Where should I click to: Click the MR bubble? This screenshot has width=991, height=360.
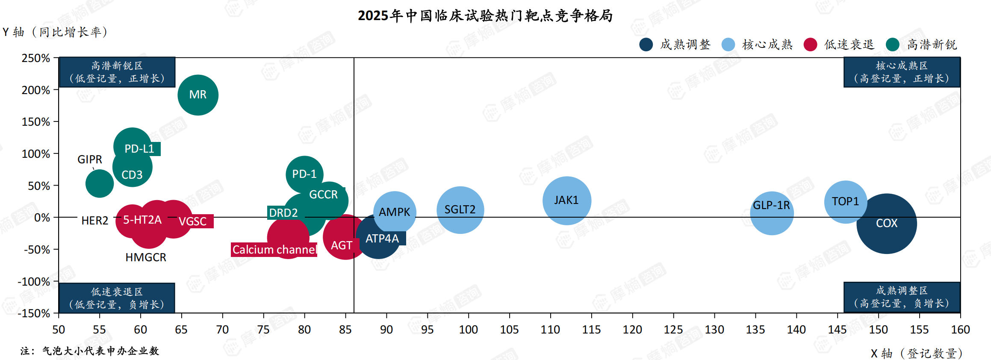198,95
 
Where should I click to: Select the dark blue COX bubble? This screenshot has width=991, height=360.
887,224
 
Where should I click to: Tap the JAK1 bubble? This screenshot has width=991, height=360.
566,200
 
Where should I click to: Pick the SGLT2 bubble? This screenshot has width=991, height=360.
460,210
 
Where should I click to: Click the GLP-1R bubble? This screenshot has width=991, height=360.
772,212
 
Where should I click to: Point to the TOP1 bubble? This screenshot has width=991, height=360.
845,201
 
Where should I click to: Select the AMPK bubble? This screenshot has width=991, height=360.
395,212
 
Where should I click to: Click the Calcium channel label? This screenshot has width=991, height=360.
274,250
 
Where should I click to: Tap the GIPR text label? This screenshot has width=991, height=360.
89,159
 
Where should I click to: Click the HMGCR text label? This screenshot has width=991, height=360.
146,257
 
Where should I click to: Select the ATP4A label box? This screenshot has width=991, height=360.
382,239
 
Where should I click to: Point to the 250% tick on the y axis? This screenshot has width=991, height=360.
36,58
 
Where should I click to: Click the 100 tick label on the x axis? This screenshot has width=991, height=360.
468,330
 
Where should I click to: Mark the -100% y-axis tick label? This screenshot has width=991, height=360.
34,282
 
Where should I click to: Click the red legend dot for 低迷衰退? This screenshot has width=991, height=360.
810,44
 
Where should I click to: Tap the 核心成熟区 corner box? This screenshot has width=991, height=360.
902,72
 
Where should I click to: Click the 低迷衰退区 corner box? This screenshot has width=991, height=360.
117,298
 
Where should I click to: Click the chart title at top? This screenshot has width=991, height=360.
485,16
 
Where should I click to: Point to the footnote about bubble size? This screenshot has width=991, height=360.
90,351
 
